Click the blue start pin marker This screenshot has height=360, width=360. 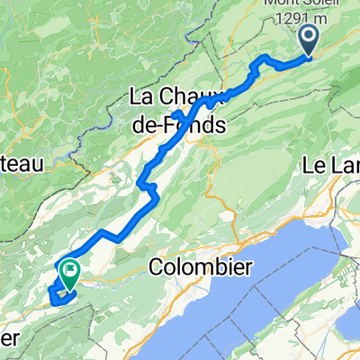coord(308,40)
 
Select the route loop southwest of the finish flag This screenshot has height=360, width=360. coord(56,295)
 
